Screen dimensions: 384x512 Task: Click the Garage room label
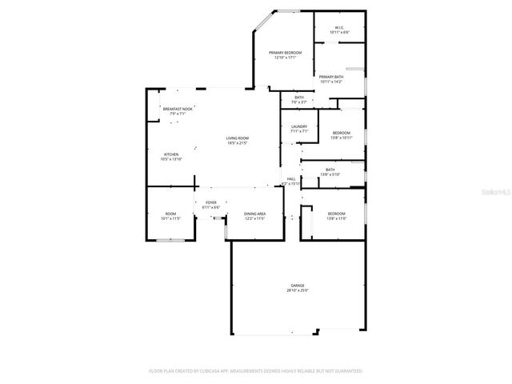point(298,286)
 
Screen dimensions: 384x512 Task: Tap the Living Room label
point(238,139)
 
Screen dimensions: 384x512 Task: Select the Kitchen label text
point(171,154)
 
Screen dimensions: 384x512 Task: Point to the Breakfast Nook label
point(178,109)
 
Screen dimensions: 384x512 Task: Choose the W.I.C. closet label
point(339,27)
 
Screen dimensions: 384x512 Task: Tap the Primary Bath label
point(331,77)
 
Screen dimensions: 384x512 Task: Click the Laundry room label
point(299,126)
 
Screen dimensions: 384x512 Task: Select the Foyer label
point(211,202)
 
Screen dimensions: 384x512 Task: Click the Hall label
point(291,178)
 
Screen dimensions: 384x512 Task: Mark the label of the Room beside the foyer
point(170,213)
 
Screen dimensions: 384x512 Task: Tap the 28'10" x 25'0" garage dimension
point(298,290)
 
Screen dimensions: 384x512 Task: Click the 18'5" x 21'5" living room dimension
point(238,144)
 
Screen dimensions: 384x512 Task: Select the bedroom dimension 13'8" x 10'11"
point(342,138)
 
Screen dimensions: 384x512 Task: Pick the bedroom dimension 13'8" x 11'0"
point(337,218)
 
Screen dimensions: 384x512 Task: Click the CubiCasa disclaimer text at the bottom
point(256,371)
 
